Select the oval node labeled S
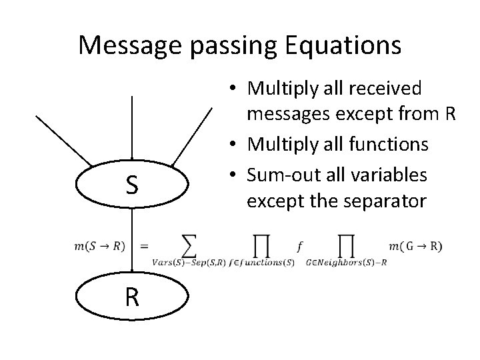pyautogui.click(x=132, y=185)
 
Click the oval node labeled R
pyautogui.click(x=132, y=297)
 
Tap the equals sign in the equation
pyautogui.click(x=144, y=245)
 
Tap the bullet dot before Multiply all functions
pyautogui.click(x=237, y=143)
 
